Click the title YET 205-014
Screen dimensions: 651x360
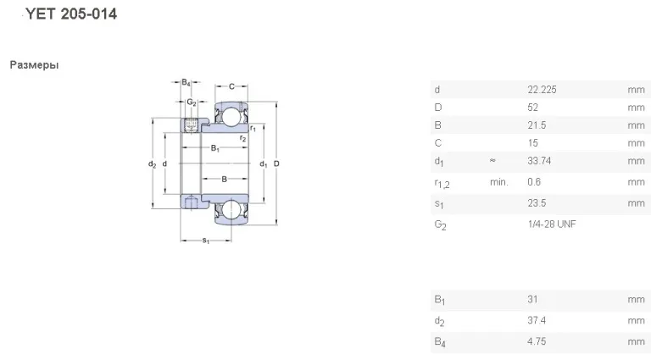coord(71,14)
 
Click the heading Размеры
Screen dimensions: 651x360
coord(35,65)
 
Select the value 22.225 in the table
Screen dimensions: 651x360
coord(542,90)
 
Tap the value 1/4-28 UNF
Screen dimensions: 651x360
coord(552,224)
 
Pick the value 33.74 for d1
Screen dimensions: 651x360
coord(539,161)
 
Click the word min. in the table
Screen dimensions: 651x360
coord(499,182)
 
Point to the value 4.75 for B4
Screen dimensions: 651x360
coord(537,341)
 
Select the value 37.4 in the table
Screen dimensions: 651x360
coord(537,320)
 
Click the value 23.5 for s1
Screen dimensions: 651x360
coord(537,203)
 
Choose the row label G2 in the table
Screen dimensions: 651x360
coord(440,225)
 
